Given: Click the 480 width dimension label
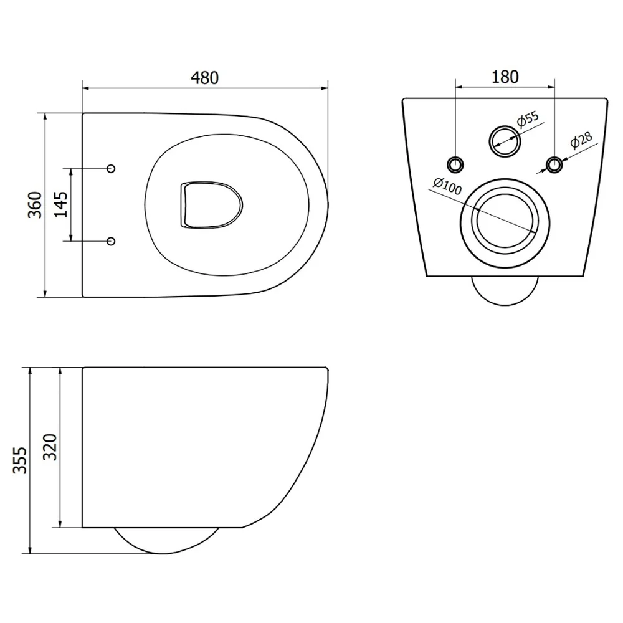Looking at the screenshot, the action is (204, 78).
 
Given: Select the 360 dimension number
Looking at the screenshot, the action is (35, 204).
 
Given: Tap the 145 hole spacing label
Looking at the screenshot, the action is (61, 204).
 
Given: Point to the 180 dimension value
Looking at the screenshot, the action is (505, 77).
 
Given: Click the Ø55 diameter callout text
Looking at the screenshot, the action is (528, 119).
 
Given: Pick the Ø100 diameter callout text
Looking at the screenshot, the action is (448, 186).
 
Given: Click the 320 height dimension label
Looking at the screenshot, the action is (50, 447).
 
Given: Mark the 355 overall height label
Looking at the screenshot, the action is (19, 460).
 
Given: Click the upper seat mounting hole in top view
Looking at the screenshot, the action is (112, 168).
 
